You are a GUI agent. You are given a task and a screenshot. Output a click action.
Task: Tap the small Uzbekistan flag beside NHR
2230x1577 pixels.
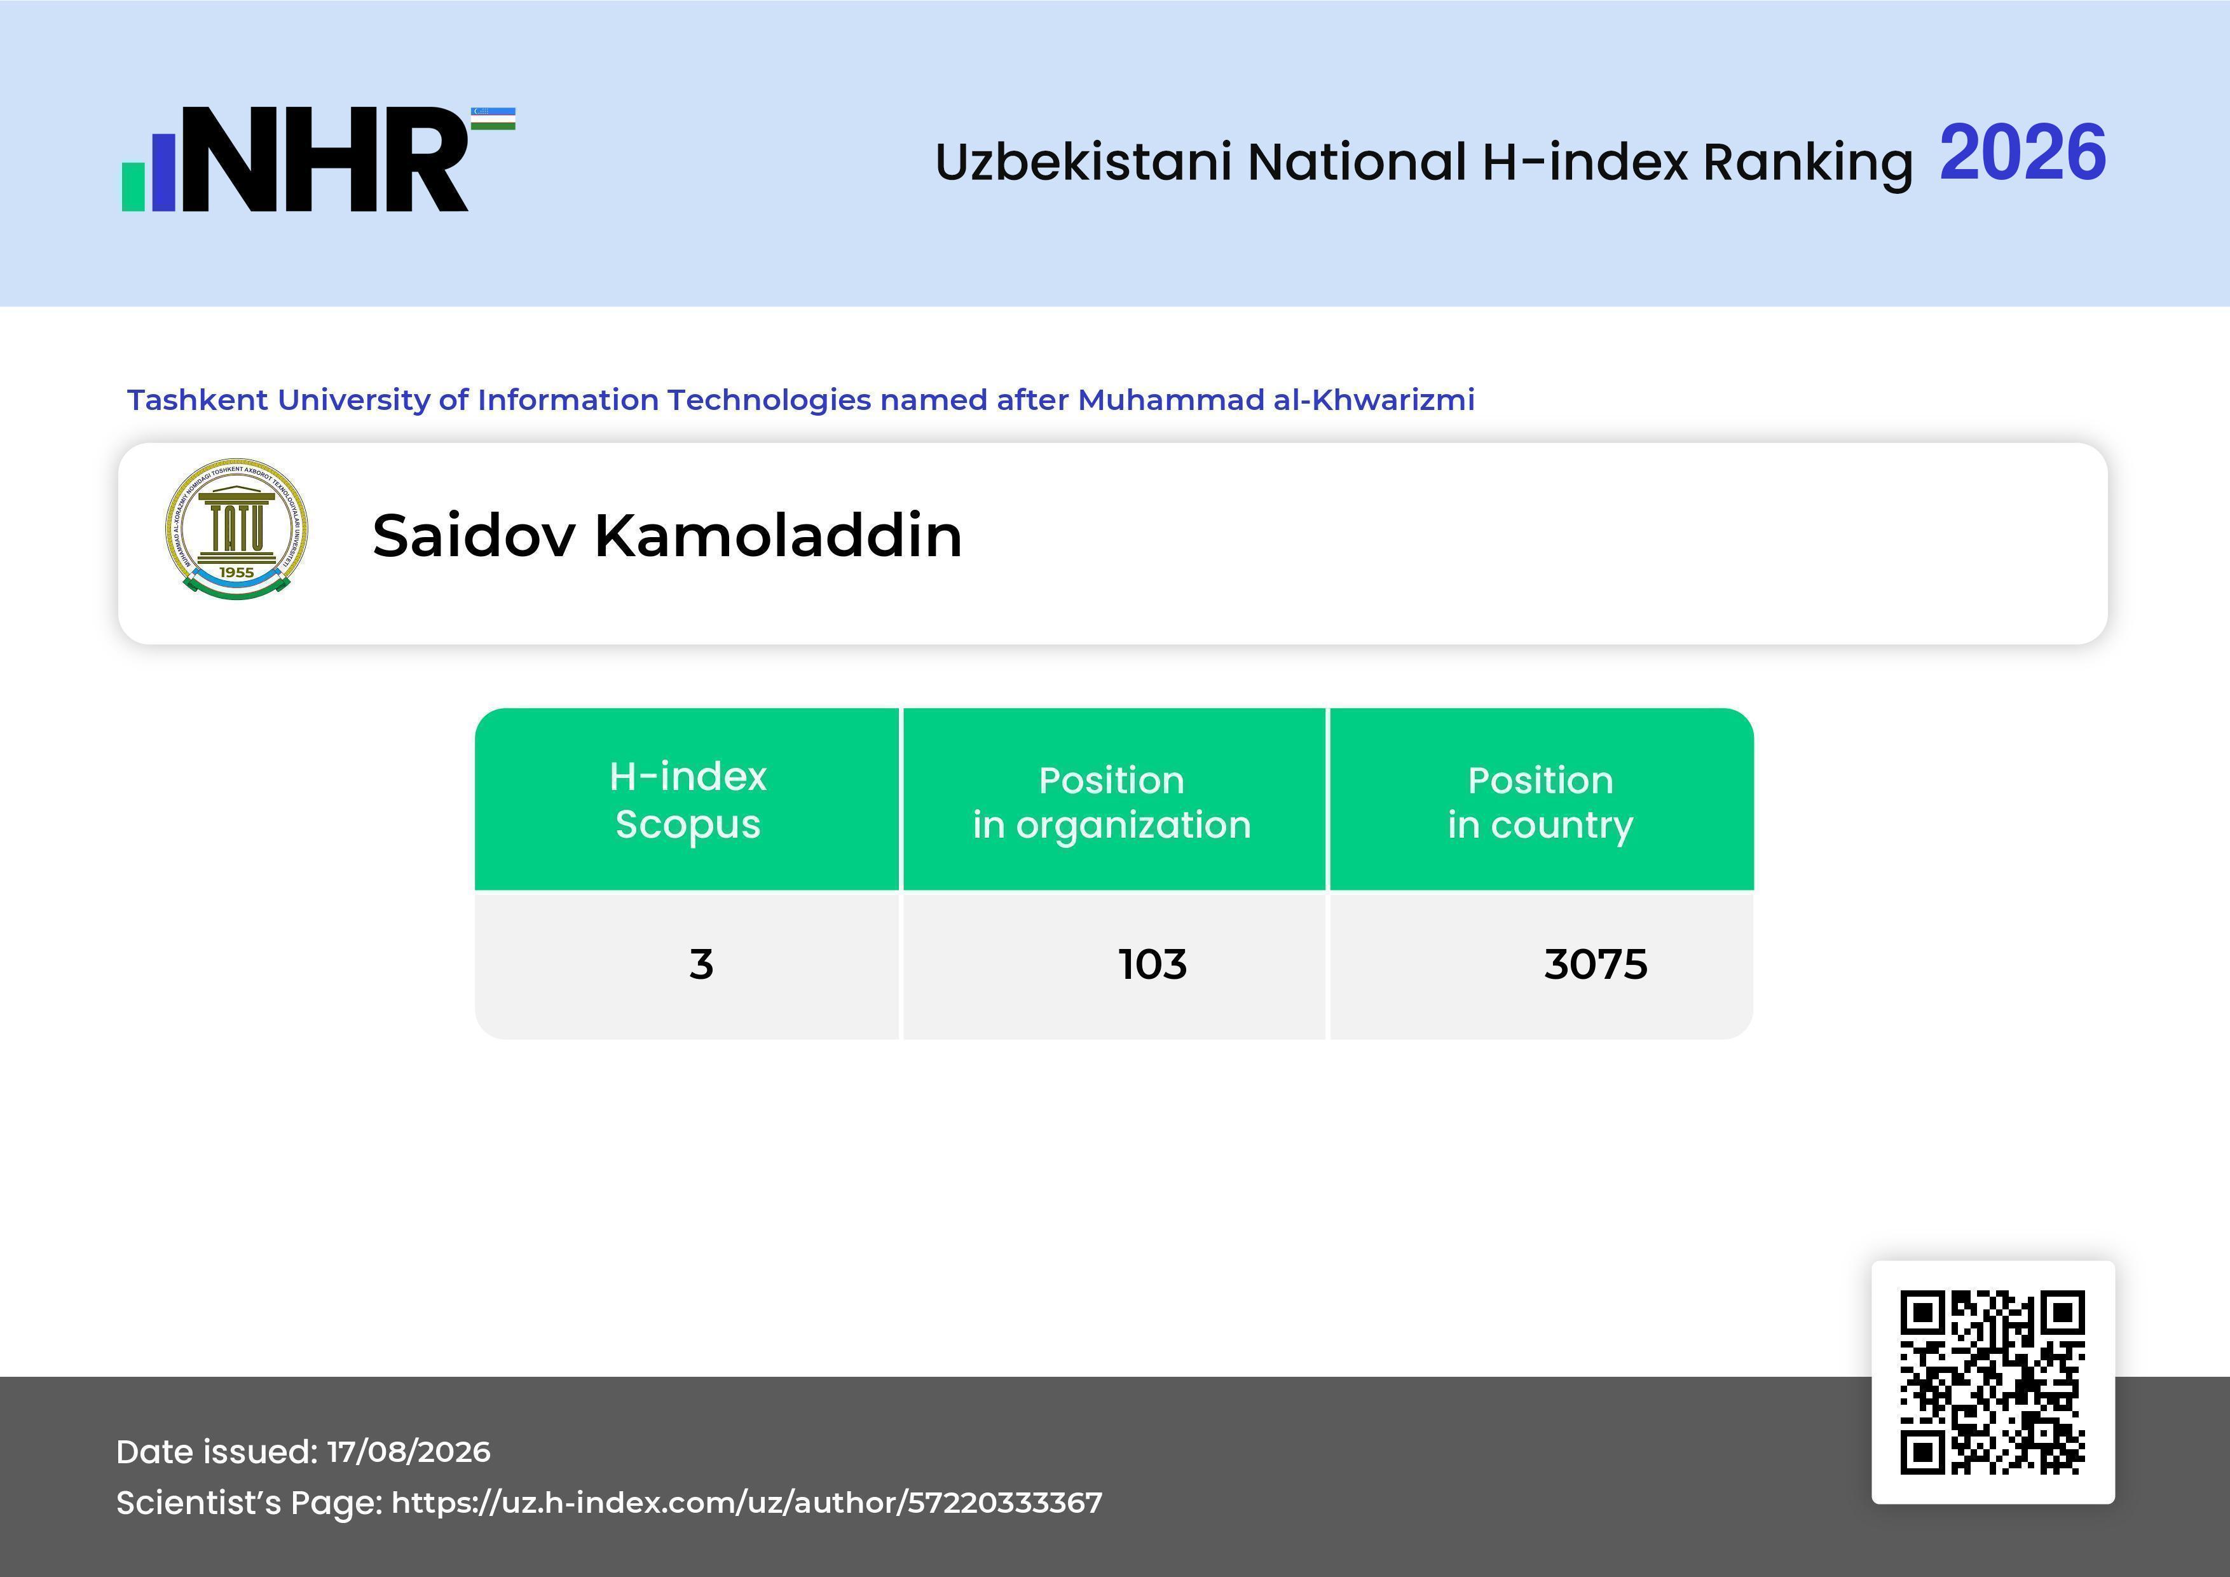493,118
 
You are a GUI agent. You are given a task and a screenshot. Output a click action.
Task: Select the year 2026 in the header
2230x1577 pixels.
2022,153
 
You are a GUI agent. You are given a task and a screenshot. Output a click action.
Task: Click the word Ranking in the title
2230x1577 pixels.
1807,162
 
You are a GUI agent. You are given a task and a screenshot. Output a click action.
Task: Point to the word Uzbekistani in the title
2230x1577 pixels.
1084,161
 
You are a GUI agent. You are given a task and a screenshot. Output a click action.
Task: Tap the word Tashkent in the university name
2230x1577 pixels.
197,400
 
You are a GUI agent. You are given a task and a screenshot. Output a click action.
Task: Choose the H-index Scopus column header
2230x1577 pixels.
688,800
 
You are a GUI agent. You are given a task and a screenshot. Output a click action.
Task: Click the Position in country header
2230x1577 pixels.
1540,802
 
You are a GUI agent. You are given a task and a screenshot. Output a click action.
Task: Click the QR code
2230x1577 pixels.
1993,1382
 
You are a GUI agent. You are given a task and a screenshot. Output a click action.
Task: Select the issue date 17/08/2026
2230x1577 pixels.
409,1452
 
